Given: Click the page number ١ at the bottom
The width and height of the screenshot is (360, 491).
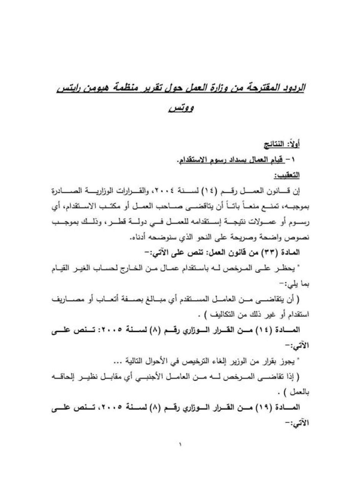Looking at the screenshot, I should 180,444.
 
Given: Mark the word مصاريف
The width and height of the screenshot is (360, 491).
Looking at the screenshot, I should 68,300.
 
